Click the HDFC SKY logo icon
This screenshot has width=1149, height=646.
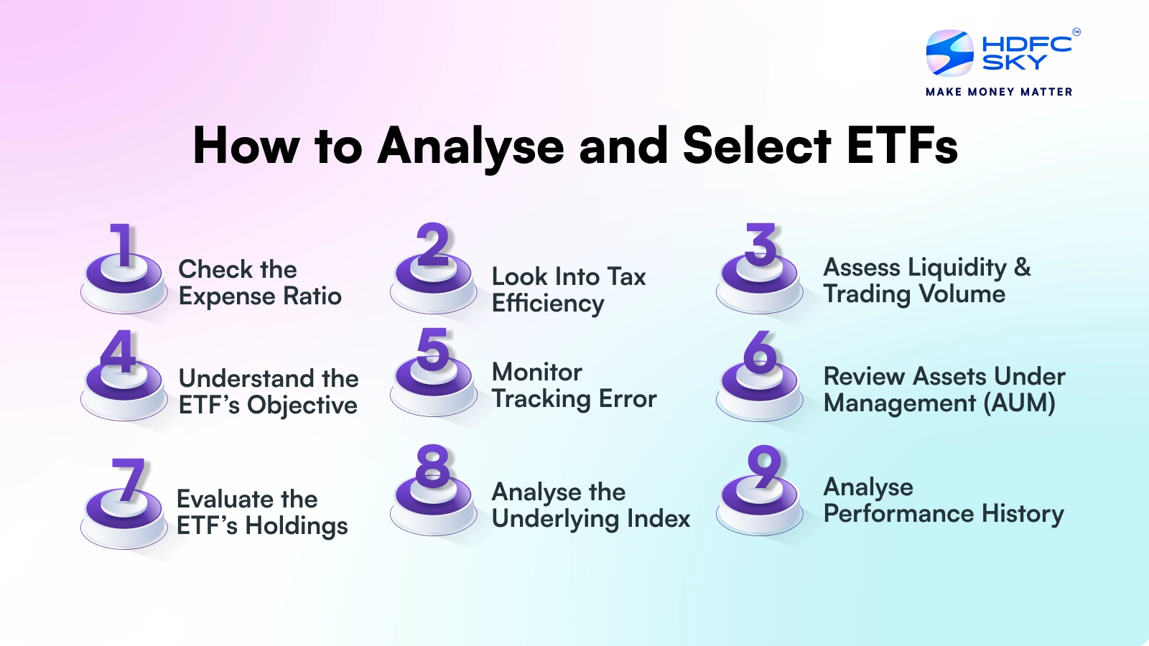(x=949, y=52)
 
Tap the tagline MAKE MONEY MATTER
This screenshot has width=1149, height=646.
(x=999, y=92)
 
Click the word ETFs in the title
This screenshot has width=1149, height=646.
(x=902, y=146)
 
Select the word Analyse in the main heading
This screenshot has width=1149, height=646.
(x=470, y=148)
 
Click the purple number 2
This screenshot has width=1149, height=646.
(x=432, y=245)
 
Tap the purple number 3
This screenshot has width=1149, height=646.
(x=760, y=245)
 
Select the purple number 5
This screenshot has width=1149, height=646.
(x=433, y=350)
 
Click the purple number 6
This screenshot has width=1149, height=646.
(x=760, y=352)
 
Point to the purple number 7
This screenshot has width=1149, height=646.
(x=128, y=479)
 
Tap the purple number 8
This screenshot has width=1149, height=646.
(x=432, y=466)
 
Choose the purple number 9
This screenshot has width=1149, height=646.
(x=764, y=467)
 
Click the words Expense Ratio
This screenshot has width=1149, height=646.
(x=259, y=297)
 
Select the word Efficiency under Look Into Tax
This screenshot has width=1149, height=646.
(x=548, y=303)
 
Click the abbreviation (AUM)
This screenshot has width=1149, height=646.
(x=1019, y=403)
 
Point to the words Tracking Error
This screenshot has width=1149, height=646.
(x=574, y=399)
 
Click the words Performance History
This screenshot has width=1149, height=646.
(x=944, y=514)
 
